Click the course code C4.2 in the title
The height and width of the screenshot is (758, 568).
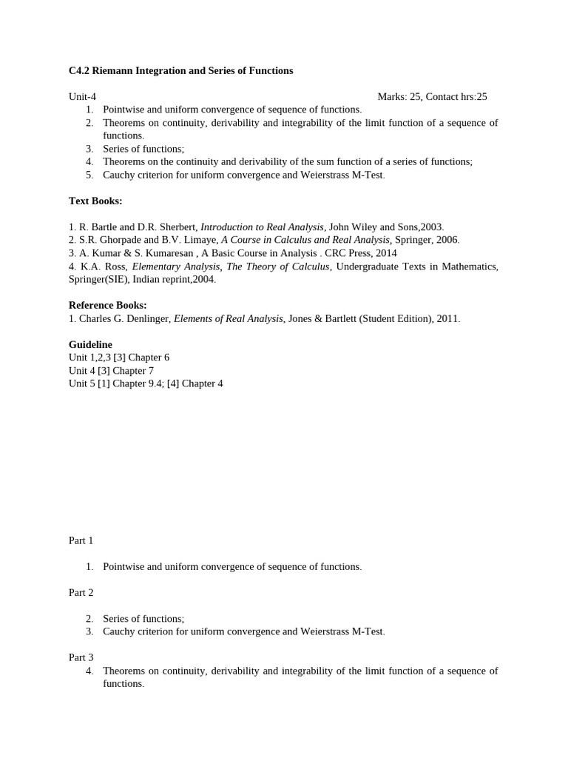click(78, 71)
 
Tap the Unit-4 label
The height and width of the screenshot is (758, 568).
click(82, 97)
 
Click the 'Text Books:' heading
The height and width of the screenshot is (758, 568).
click(95, 201)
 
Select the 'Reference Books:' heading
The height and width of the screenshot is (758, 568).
click(108, 305)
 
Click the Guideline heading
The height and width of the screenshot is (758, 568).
click(90, 345)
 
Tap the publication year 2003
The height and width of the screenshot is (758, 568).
click(431, 227)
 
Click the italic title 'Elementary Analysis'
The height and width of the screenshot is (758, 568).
click(175, 266)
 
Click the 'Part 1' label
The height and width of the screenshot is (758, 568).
click(81, 541)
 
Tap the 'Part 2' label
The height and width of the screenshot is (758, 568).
click(81, 593)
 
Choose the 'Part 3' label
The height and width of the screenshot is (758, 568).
click(81, 657)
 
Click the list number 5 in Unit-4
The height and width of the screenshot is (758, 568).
click(89, 175)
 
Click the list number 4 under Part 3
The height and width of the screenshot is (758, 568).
click(89, 671)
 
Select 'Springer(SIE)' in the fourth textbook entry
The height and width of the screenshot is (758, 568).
click(98, 280)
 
